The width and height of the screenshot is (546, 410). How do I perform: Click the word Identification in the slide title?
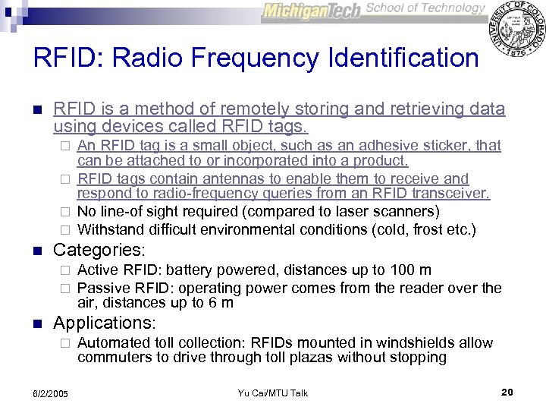[402, 58]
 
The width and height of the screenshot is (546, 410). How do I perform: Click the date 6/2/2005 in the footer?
[50, 393]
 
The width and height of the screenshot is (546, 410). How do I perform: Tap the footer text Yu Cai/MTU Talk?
[272, 393]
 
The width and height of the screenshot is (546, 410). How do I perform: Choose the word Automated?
[111, 342]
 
